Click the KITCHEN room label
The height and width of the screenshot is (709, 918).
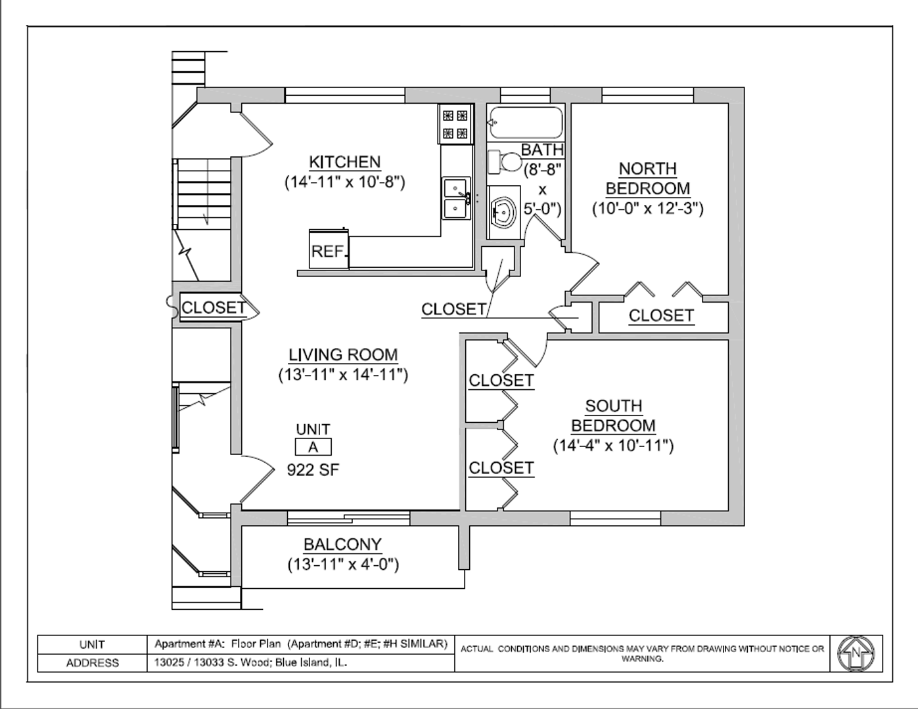click(x=345, y=162)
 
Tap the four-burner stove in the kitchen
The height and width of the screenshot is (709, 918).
click(x=455, y=124)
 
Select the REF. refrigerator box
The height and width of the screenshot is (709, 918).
click(x=329, y=249)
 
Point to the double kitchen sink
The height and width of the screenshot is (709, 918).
click(x=456, y=198)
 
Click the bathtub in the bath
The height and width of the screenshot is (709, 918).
click(x=525, y=122)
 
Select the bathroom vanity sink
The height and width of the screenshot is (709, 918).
click(x=503, y=213)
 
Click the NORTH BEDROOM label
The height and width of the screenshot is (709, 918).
click(x=648, y=179)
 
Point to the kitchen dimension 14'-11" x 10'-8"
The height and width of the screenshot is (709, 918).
click(x=345, y=183)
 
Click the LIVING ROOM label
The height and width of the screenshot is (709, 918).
click(x=343, y=355)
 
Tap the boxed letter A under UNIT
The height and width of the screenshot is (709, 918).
click(x=313, y=447)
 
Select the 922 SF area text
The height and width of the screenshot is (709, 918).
click(x=313, y=470)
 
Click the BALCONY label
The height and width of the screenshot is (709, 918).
click(x=342, y=544)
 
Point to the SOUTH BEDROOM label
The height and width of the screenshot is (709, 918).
click(x=614, y=416)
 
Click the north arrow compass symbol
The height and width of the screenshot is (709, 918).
click(x=856, y=653)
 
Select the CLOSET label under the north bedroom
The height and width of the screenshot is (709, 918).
click(x=661, y=315)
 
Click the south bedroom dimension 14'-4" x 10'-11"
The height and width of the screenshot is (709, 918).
click(x=613, y=446)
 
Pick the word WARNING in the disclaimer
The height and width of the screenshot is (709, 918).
click(x=642, y=658)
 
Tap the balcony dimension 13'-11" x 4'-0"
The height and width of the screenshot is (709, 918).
click(x=343, y=565)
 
